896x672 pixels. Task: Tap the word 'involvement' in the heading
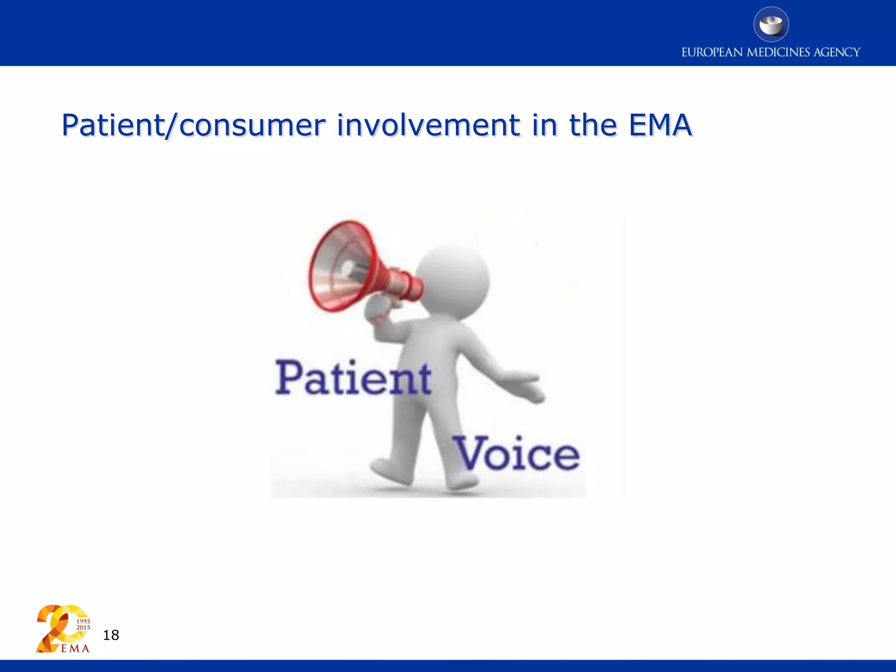click(x=428, y=126)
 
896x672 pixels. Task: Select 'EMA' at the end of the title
click(x=660, y=126)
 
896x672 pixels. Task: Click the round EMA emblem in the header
click(x=771, y=24)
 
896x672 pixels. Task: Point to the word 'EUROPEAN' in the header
click(x=712, y=52)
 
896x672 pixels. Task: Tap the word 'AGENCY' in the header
click(x=836, y=52)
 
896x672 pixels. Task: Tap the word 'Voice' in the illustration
click(x=517, y=454)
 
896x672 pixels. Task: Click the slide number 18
click(x=111, y=635)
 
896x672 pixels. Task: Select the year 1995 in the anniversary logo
click(x=83, y=621)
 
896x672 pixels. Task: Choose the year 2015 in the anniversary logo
click(x=83, y=627)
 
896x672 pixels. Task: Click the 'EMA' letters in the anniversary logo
click(x=75, y=648)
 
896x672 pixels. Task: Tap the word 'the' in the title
click(x=592, y=126)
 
